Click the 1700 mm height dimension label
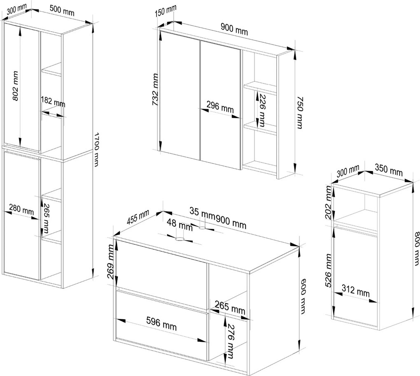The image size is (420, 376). pyautogui.click(x=96, y=149)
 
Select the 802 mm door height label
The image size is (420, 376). pyautogui.click(x=15, y=86)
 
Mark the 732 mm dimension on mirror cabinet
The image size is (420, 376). pyautogui.click(x=156, y=89)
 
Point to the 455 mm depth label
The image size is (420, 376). pyautogui.click(x=138, y=217)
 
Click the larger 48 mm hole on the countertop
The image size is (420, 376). pyautogui.click(x=180, y=239)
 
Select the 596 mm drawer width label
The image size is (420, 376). pyautogui.click(x=161, y=323)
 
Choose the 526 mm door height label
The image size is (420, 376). pyautogui.click(x=329, y=271)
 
